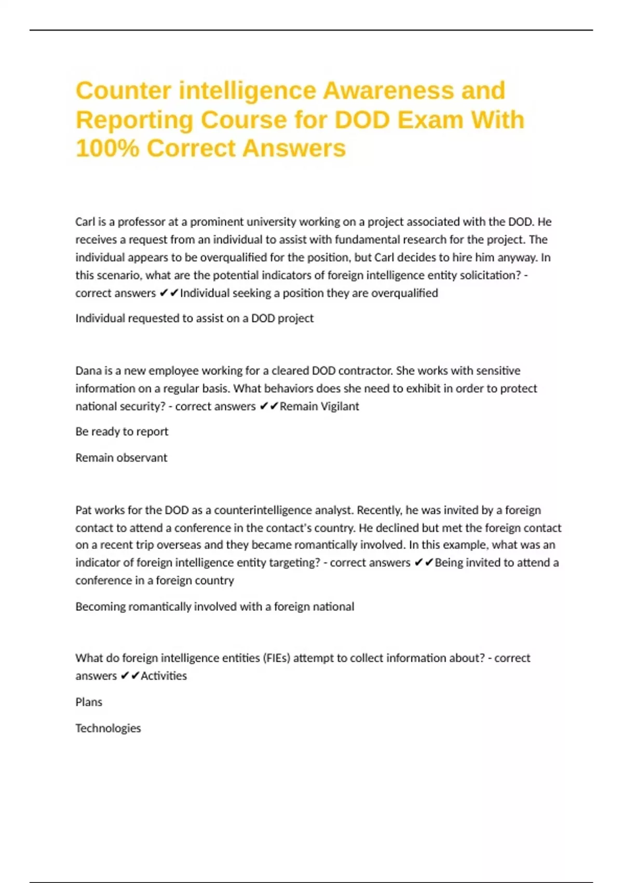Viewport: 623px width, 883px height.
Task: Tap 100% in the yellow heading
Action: click(x=107, y=148)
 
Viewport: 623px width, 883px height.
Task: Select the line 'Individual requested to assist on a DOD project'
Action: click(x=194, y=318)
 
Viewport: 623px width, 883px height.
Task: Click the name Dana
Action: click(x=88, y=371)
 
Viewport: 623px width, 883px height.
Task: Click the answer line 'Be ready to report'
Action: click(x=121, y=432)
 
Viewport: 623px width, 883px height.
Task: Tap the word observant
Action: click(x=142, y=458)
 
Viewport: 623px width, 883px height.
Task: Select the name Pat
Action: click(x=84, y=510)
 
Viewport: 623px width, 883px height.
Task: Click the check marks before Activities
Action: click(x=130, y=676)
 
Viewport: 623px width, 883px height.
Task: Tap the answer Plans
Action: click(x=89, y=702)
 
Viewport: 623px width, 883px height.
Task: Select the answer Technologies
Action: click(x=108, y=728)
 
